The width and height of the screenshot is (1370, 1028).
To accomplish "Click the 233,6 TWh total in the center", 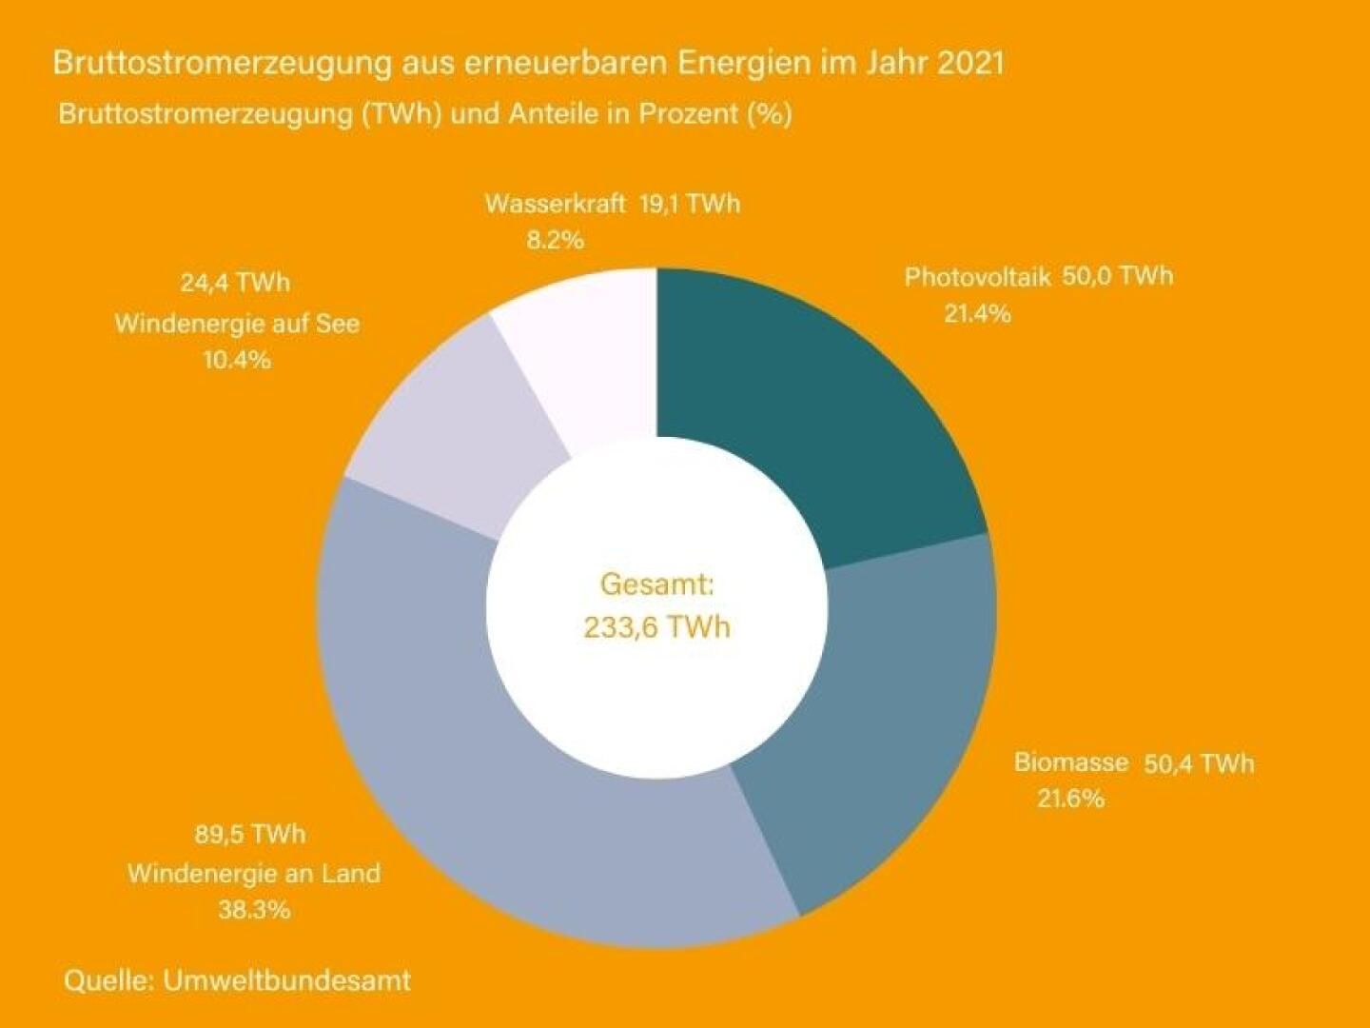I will pyautogui.click(x=656, y=627).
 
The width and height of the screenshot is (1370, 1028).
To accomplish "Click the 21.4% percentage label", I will pyautogui.click(x=977, y=313).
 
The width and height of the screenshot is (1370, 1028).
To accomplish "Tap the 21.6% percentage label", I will pyautogui.click(x=1070, y=798).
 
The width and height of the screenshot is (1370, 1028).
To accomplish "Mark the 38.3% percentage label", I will pyautogui.click(x=254, y=909).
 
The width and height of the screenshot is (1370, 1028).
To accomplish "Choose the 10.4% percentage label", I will pyautogui.click(x=237, y=360).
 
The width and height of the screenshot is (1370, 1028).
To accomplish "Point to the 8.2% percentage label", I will pyautogui.click(x=555, y=240).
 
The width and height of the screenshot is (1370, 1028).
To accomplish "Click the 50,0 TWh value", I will pyautogui.click(x=1117, y=276).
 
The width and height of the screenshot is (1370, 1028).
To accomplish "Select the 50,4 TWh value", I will pyautogui.click(x=1199, y=763).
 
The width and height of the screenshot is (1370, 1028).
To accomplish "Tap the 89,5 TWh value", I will pyautogui.click(x=250, y=834).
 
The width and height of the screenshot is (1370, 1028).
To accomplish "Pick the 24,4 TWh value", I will pyautogui.click(x=235, y=283).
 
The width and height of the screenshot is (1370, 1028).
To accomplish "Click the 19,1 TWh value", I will pyautogui.click(x=689, y=204).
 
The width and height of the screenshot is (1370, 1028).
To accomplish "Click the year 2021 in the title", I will pyautogui.click(x=969, y=63).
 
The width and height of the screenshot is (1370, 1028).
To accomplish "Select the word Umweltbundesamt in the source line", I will pyautogui.click(x=287, y=980).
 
